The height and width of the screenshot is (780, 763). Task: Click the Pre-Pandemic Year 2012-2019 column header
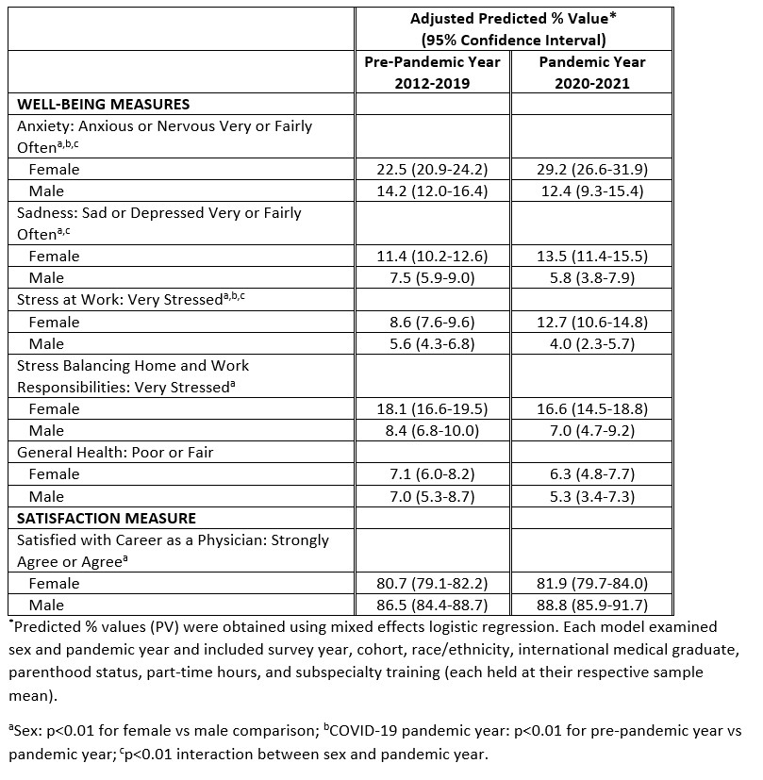433,72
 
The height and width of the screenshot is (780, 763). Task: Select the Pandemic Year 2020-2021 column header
580,72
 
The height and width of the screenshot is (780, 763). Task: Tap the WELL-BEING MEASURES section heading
104,104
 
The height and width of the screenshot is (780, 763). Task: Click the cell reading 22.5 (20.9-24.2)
433,170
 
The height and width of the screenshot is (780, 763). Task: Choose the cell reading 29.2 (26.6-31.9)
580,170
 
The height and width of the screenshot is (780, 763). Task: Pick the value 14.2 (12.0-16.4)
433,191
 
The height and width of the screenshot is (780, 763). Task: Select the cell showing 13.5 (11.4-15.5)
580,257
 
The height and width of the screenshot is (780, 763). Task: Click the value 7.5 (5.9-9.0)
433,278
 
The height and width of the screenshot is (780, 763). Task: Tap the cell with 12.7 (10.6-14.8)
580,323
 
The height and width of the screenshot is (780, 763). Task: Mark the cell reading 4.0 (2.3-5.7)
580,344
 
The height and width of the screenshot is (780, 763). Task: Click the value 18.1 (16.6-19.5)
433,409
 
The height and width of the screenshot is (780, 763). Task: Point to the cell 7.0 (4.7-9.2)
580,431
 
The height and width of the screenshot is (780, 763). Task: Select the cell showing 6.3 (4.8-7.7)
580,474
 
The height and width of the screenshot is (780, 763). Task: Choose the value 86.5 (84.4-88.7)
433,606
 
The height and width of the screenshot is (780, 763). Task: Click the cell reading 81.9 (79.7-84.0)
580,584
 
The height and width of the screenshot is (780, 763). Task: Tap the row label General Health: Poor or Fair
115,453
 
